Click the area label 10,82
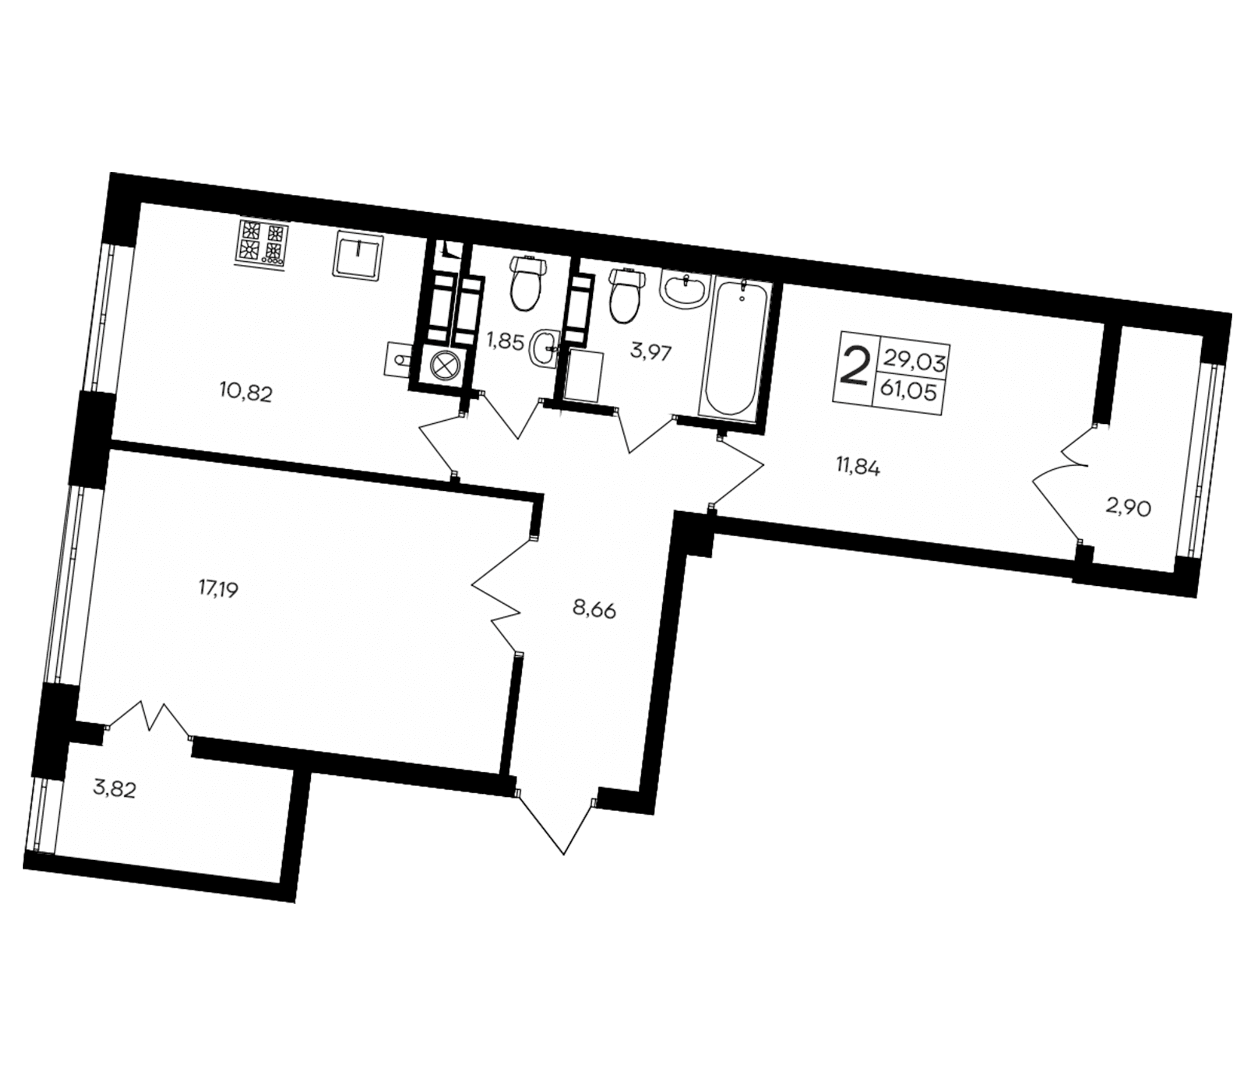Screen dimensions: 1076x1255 pyautogui.click(x=246, y=395)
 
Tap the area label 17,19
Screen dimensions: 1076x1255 pyautogui.click(x=218, y=587)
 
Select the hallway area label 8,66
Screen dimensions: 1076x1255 pyautogui.click(x=594, y=610)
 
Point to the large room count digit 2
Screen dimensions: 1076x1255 pyautogui.click(x=855, y=366)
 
